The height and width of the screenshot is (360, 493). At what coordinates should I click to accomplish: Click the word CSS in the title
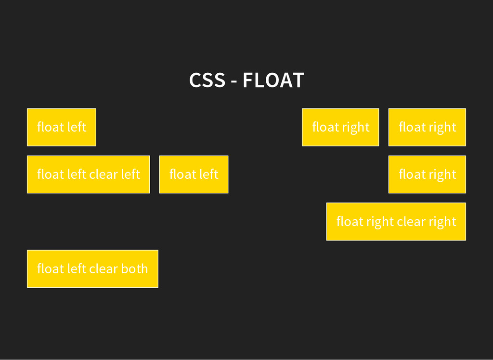[x=207, y=80]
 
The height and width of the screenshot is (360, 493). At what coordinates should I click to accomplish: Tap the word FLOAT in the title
[x=273, y=80]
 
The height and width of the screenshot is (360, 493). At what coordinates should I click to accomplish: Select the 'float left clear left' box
[x=88, y=174]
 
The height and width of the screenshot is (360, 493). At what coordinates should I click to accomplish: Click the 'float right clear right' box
[x=396, y=221]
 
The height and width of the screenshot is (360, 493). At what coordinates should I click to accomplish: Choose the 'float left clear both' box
[x=92, y=268]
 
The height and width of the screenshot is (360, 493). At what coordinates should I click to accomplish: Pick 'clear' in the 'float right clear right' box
[x=411, y=221]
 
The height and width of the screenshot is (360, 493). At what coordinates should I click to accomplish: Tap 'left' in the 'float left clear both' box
[x=77, y=268]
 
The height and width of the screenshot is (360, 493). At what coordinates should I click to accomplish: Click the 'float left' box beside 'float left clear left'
[x=194, y=174]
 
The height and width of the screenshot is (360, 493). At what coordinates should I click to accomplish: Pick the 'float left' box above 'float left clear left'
[x=62, y=127]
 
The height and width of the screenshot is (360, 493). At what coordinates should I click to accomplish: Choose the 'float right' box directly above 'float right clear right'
[x=427, y=174]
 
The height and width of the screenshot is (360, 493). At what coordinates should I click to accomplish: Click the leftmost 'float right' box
[x=340, y=127]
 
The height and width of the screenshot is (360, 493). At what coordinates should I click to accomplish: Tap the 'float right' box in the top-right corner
[x=427, y=127]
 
